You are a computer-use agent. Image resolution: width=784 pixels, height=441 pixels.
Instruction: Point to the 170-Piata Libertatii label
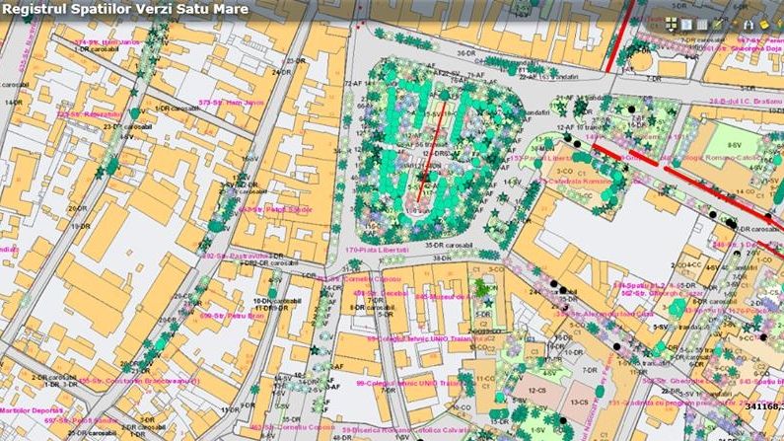[x=390, y=263]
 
